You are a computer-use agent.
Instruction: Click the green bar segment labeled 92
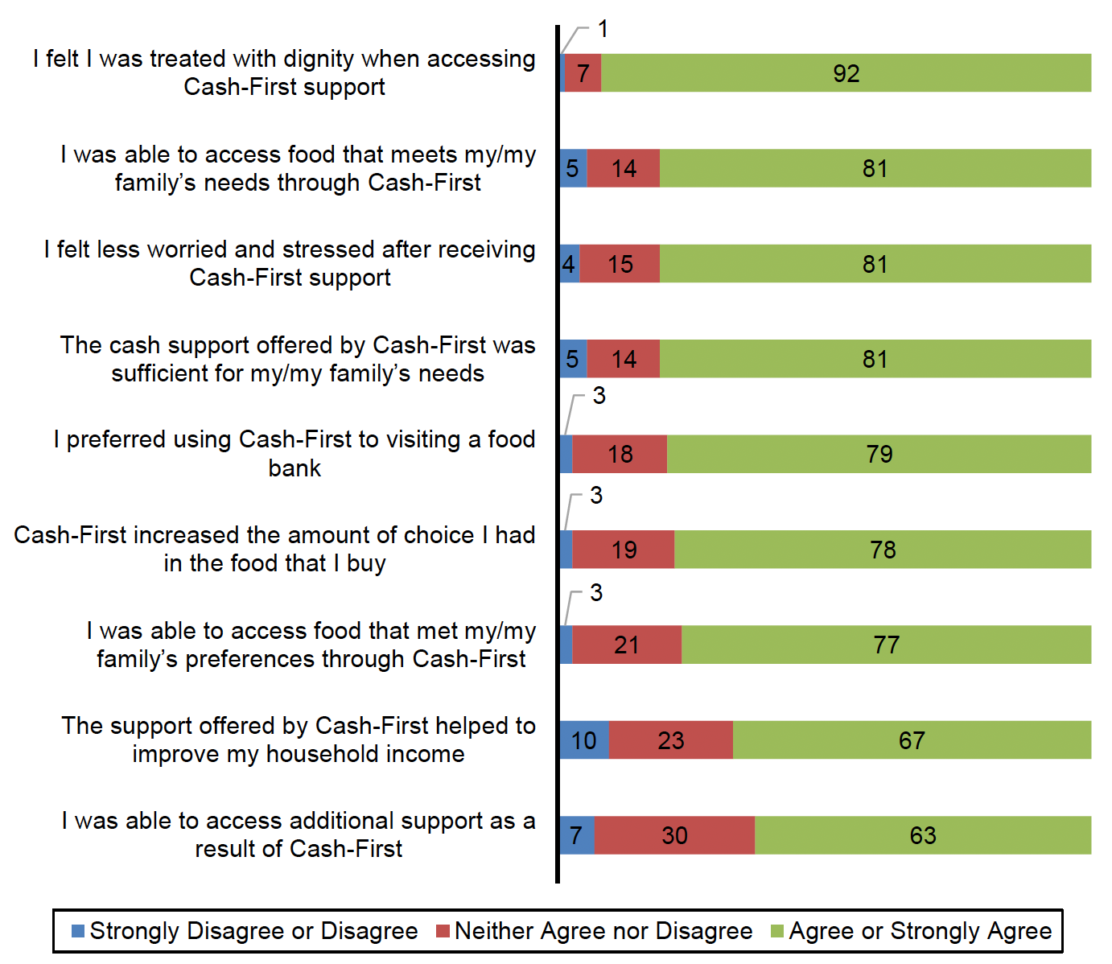(x=846, y=73)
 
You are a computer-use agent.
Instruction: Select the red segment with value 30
(x=674, y=835)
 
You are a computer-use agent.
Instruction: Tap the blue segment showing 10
(x=584, y=740)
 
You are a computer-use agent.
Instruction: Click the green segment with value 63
(x=923, y=835)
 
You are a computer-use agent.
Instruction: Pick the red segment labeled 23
(x=670, y=740)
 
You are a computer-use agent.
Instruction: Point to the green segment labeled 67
(x=912, y=740)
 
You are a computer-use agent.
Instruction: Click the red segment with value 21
(x=627, y=645)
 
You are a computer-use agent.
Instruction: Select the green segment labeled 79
(x=879, y=454)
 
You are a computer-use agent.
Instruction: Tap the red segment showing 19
(x=624, y=550)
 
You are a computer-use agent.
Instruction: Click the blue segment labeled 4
(x=569, y=264)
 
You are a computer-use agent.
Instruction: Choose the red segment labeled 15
(x=620, y=264)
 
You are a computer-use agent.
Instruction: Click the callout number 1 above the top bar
(x=603, y=29)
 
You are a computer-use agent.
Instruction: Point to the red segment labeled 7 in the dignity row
(x=583, y=73)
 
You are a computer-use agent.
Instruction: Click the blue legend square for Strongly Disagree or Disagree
(x=78, y=931)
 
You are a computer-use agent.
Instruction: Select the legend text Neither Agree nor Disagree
(x=603, y=931)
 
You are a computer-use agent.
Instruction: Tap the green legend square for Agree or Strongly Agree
(x=776, y=931)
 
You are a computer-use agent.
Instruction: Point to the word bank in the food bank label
(x=294, y=468)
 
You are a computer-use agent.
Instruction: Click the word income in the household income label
(x=426, y=754)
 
